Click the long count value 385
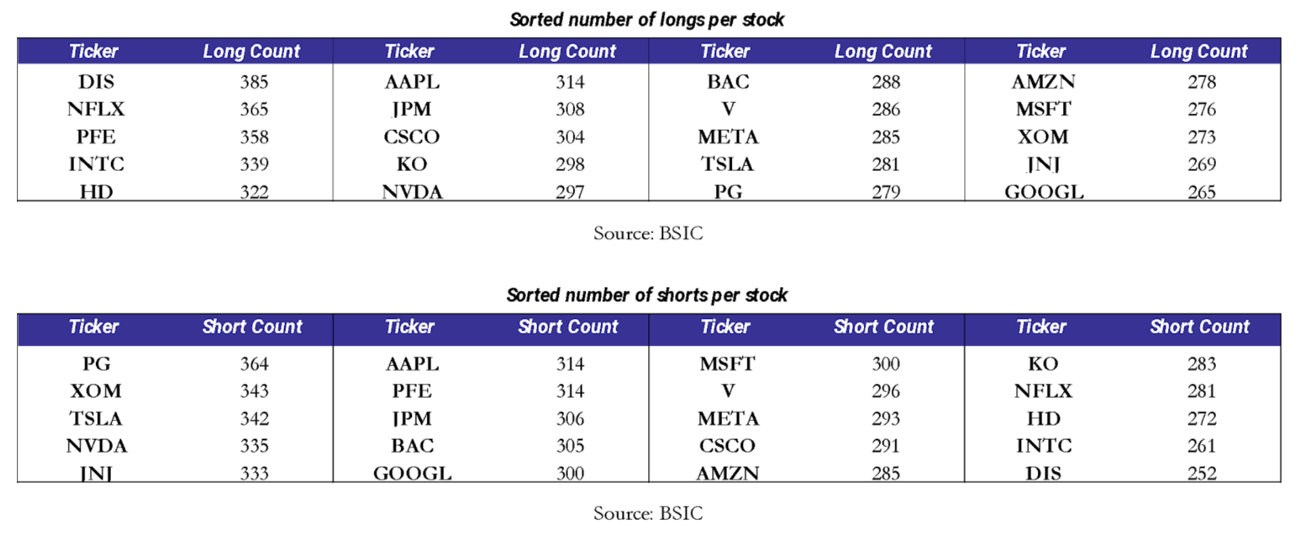pyautogui.click(x=254, y=82)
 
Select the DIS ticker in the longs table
pyautogui.click(x=96, y=82)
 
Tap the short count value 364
pyautogui.click(x=254, y=364)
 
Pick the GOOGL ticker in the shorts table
pyautogui.click(x=412, y=473)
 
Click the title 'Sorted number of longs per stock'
pyautogui.click(x=647, y=20)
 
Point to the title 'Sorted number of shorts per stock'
pyautogui.click(x=647, y=295)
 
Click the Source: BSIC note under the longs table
pyautogui.click(x=648, y=233)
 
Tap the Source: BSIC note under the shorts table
pyautogui.click(x=648, y=513)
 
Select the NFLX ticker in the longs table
pyautogui.click(x=96, y=109)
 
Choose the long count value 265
pyautogui.click(x=1202, y=192)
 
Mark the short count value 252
pyautogui.click(x=1202, y=473)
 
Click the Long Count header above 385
pyautogui.click(x=252, y=51)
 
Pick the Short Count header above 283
pyautogui.click(x=1200, y=327)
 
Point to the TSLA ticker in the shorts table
pyautogui.click(x=96, y=418)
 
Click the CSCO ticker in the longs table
pyautogui.click(x=412, y=137)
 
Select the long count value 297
pyautogui.click(x=570, y=192)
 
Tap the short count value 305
pyautogui.click(x=570, y=446)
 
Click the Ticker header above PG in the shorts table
pyautogui.click(x=93, y=327)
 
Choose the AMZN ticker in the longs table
pyautogui.click(x=1043, y=82)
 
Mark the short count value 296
pyautogui.click(x=886, y=391)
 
